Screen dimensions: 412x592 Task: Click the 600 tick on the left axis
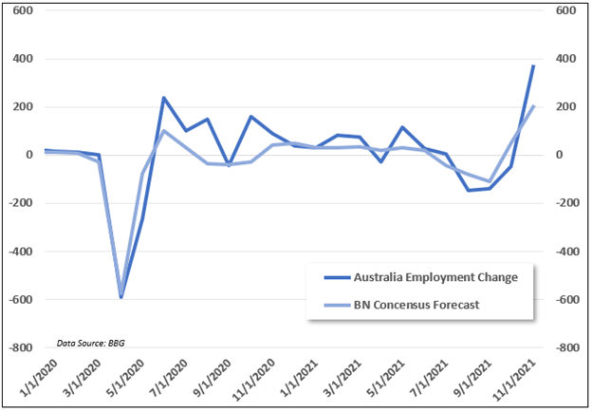pyautogui.click(x=22, y=10)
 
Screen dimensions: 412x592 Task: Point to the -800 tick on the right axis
pyautogui.click(x=567, y=348)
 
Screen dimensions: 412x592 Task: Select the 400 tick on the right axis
pyautogui.click(x=565, y=59)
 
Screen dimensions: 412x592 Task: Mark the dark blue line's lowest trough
pyautogui.click(x=120, y=297)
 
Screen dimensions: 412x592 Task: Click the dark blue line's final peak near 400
pyautogui.click(x=534, y=66)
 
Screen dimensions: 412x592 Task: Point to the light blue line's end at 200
pyautogui.click(x=534, y=106)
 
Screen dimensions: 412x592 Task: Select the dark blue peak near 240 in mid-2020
pyautogui.click(x=163, y=98)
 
